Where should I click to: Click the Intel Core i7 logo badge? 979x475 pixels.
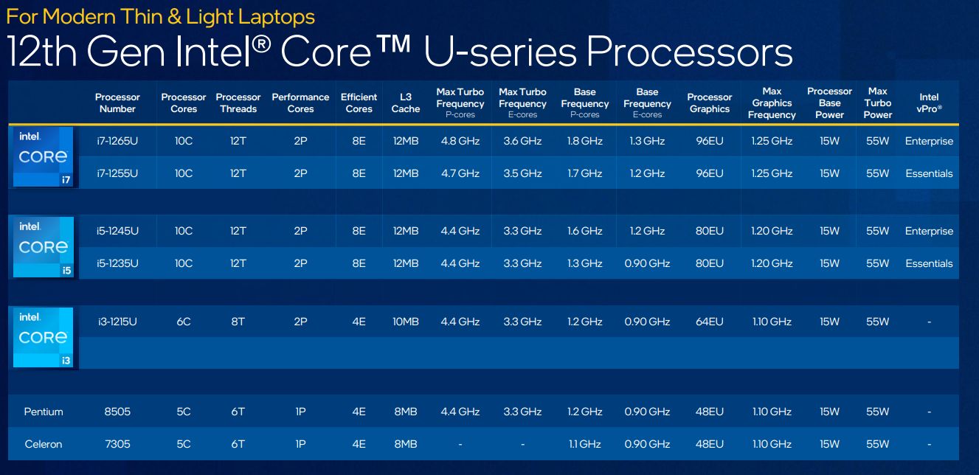pyautogui.click(x=43, y=156)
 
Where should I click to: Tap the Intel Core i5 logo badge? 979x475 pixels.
pyautogui.click(x=43, y=247)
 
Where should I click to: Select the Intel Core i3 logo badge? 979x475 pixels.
pyautogui.click(x=43, y=337)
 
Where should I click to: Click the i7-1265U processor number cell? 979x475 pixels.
pyautogui.click(x=117, y=141)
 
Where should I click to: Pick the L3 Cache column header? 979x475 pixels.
pyautogui.click(x=405, y=103)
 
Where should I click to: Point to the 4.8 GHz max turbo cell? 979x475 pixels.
pyautogui.click(x=460, y=141)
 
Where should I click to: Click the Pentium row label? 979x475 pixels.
pyautogui.click(x=44, y=412)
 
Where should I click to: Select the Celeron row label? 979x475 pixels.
pyautogui.click(x=44, y=444)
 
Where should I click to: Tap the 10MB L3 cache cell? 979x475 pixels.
pyautogui.click(x=405, y=322)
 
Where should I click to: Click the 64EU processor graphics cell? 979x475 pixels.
pyautogui.click(x=709, y=322)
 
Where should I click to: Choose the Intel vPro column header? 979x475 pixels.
pyautogui.click(x=929, y=103)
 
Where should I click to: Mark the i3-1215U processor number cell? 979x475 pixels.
pyautogui.click(x=117, y=322)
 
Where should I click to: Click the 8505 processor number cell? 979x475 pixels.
pyautogui.click(x=117, y=412)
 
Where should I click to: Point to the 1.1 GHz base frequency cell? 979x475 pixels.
pyautogui.click(x=584, y=444)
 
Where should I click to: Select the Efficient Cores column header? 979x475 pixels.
pyautogui.click(x=359, y=103)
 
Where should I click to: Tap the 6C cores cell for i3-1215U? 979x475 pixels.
pyautogui.click(x=184, y=322)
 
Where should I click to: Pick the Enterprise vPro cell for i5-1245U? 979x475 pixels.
pyautogui.click(x=929, y=231)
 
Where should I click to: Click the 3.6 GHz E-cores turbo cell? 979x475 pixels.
pyautogui.click(x=522, y=141)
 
